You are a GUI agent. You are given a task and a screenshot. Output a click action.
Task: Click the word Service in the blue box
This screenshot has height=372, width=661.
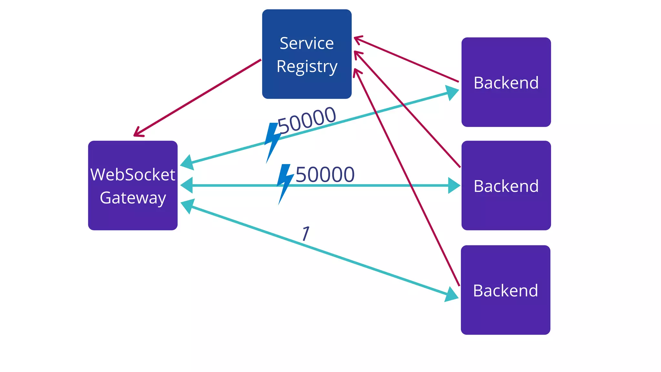(307, 43)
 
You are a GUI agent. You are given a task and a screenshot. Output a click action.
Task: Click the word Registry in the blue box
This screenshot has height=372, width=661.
(307, 67)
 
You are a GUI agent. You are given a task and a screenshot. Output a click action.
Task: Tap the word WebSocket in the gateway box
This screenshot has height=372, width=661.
(133, 175)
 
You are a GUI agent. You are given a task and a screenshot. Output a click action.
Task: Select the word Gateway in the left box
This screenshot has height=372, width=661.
(133, 198)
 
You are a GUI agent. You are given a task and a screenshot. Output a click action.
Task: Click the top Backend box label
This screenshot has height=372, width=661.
(506, 83)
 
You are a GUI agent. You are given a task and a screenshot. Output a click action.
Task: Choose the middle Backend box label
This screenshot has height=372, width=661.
(506, 186)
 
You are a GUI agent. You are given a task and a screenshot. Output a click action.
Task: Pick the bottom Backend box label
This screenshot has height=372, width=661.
(505, 291)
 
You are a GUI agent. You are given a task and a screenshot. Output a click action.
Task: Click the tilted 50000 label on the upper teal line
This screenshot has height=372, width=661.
(307, 120)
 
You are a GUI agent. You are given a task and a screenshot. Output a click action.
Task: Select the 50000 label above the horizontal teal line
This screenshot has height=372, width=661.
(325, 175)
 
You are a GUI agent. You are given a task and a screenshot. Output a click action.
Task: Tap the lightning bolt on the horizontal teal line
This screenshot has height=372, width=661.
(285, 183)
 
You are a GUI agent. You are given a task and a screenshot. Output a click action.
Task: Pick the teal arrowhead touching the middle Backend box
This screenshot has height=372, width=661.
(454, 186)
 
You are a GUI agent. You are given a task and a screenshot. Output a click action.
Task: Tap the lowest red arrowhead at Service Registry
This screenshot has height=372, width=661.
(356, 72)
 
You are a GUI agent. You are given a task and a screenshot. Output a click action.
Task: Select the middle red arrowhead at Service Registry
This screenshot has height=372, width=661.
(357, 54)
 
